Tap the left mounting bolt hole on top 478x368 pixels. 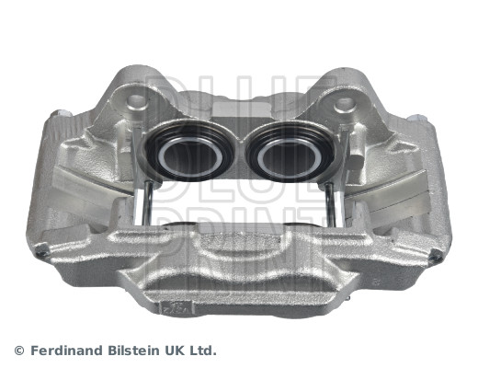point(138,100)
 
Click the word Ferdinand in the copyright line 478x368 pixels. point(67,351)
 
